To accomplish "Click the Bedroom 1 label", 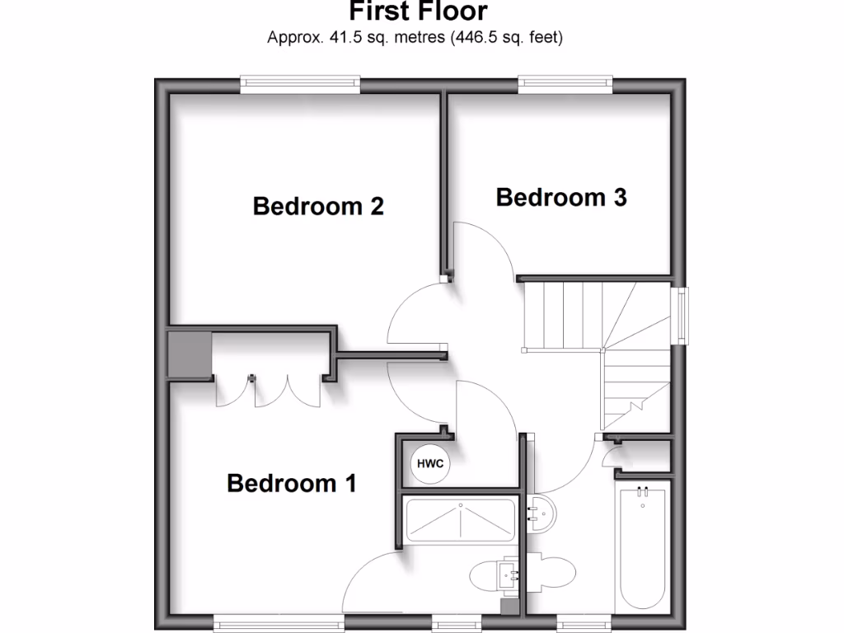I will click(x=292, y=483).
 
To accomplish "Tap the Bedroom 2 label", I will click(x=318, y=206).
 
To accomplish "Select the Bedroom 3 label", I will click(x=561, y=198).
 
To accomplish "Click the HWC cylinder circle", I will click(x=430, y=464).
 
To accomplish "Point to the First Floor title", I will click(x=418, y=12).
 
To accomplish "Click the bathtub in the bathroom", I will click(x=644, y=548).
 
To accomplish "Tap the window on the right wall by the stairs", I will click(x=681, y=313).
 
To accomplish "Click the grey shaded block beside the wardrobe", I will click(x=189, y=354).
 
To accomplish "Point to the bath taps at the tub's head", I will click(x=643, y=493).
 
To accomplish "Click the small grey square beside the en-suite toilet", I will click(x=511, y=607).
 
